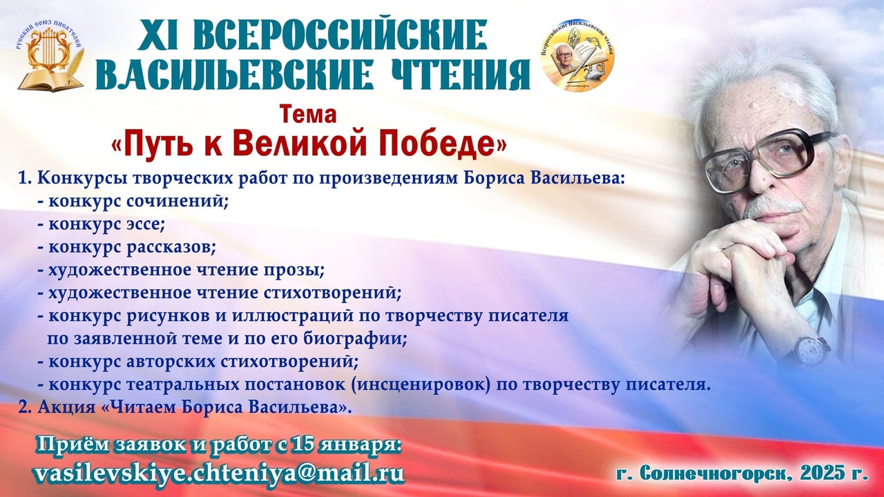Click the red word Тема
pyautogui.click(x=308, y=115)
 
